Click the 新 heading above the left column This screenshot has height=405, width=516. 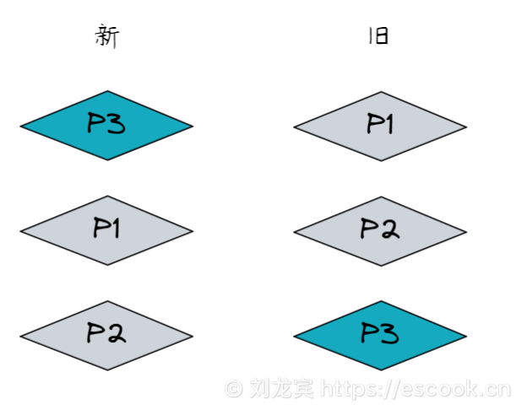[x=106, y=37]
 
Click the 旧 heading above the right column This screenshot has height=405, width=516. [x=377, y=37]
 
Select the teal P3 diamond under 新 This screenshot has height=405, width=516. [x=106, y=126]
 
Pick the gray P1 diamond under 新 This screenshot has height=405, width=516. [x=106, y=229]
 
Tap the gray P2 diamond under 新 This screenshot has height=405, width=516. [x=106, y=335]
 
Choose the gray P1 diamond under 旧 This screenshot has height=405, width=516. [x=380, y=127]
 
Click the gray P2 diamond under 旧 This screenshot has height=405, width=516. [x=380, y=230]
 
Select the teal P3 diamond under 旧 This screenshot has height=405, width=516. [x=380, y=335]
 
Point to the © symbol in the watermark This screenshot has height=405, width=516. [x=233, y=389]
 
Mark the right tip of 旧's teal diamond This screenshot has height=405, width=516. [x=465, y=336]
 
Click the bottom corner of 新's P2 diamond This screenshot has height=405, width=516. [x=106, y=370]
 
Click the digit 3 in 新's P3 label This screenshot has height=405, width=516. [x=117, y=125]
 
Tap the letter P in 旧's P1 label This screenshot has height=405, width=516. [x=372, y=125]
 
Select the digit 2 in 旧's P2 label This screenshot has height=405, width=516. [x=390, y=229]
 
